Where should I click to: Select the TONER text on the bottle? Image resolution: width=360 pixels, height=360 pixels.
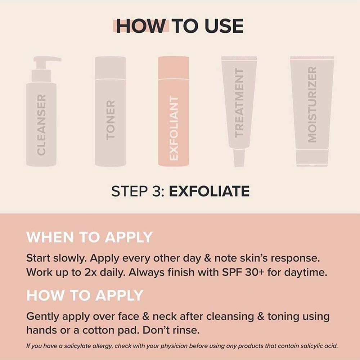click(111, 120)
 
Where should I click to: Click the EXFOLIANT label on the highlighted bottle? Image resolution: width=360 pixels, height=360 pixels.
click(174, 128)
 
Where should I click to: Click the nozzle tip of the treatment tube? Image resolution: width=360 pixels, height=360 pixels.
click(239, 158)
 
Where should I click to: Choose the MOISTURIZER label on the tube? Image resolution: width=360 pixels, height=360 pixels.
click(312, 104)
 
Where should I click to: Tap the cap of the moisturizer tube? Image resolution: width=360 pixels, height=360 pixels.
click(312, 158)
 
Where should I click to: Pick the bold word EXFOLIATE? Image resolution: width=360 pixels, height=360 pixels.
click(209, 191)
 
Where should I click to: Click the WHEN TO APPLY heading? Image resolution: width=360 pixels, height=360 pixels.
click(89, 238)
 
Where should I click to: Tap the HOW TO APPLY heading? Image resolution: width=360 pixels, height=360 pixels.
click(85, 296)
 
